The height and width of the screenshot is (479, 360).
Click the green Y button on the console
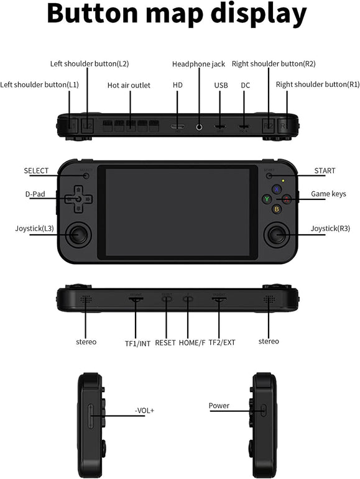pyautogui.click(x=267, y=199)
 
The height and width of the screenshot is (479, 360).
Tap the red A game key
pyautogui.click(x=286, y=199)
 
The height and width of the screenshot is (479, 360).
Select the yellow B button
pyautogui.click(x=277, y=209)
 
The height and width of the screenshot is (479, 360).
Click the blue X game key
pyautogui.click(x=277, y=189)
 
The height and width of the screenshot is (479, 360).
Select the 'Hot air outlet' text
pyautogui.click(x=129, y=85)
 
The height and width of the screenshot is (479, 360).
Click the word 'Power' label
pyautogui.click(x=219, y=406)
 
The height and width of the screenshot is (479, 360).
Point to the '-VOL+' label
pyautogui.click(x=145, y=411)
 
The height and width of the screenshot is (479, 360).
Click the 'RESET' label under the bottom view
pyautogui.click(x=165, y=342)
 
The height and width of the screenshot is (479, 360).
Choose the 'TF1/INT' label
pyautogui.click(x=137, y=342)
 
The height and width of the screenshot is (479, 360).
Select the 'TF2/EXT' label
pyautogui.click(x=221, y=342)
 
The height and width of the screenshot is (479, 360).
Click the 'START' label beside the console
pyautogui.click(x=325, y=171)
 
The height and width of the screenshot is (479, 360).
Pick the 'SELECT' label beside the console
pyautogui.click(x=36, y=171)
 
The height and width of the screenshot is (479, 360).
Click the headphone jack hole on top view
pyautogui.click(x=200, y=127)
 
